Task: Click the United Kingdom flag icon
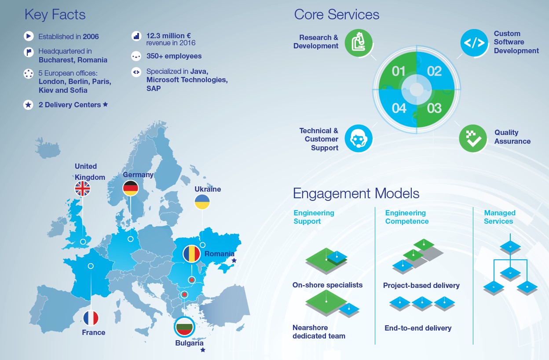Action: [83, 189]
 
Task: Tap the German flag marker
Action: [131, 188]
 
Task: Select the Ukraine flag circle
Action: [202, 202]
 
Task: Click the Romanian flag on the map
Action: [192, 254]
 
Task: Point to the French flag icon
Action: [91, 318]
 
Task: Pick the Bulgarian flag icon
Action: [185, 327]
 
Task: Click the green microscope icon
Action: [359, 43]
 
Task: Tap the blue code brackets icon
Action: [474, 43]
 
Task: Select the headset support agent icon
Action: [359, 138]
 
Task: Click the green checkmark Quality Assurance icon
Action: [473, 138]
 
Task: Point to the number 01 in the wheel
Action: [399, 71]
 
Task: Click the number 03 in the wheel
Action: [434, 108]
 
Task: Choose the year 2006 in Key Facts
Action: [91, 37]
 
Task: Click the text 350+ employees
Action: [174, 56]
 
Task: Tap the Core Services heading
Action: [337, 14]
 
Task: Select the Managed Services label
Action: [500, 217]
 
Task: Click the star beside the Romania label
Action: [234, 260]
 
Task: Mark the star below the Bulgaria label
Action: [203, 350]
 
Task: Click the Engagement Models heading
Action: [356, 193]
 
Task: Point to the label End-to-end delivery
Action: [418, 328]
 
